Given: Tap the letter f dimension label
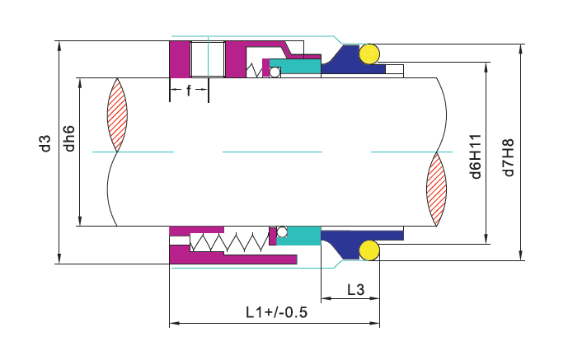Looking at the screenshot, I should coord(188,91).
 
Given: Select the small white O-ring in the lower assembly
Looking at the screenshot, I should coord(281,231).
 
